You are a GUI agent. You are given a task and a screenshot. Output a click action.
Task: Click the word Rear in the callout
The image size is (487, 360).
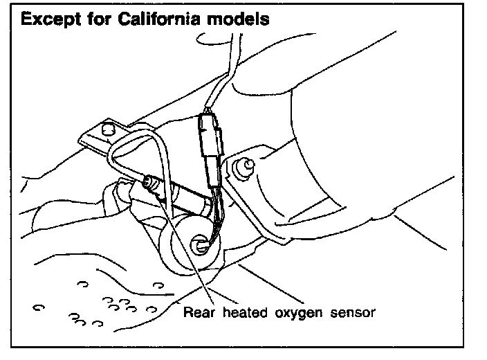coord(197,312)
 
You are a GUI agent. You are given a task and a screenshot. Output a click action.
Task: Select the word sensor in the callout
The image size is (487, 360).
coord(352,312)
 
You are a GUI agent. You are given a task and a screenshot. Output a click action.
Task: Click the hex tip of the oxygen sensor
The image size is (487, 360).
coord(147,183)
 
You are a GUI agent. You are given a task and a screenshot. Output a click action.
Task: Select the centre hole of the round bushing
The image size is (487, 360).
coord(200,243)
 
